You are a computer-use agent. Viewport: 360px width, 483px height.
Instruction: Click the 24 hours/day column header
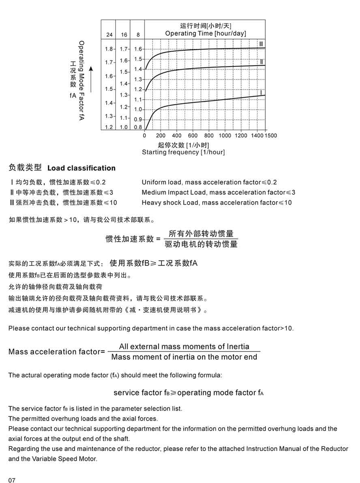[x=109, y=35]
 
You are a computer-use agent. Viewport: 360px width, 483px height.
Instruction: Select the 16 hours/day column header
[x=124, y=35]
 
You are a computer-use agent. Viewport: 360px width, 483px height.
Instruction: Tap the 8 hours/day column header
[x=138, y=35]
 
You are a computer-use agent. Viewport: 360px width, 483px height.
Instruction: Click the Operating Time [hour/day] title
[x=205, y=33]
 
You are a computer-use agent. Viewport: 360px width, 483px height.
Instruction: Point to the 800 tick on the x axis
[x=209, y=135]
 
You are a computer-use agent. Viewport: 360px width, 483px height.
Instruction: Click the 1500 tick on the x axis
[x=271, y=135]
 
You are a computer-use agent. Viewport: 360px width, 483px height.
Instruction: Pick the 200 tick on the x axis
[x=161, y=135]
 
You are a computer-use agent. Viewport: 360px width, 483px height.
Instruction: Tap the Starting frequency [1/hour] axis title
[x=183, y=152]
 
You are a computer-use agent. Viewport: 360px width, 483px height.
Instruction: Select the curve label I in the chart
[x=261, y=93]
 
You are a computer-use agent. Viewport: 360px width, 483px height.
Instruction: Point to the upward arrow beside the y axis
[x=91, y=79]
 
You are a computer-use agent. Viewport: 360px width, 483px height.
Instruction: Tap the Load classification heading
[x=81, y=168]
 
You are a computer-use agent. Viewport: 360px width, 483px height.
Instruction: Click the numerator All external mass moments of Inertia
[x=184, y=347]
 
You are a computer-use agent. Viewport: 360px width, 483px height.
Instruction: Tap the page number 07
[x=12, y=480]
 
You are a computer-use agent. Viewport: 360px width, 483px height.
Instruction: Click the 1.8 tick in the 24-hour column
[x=109, y=49]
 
